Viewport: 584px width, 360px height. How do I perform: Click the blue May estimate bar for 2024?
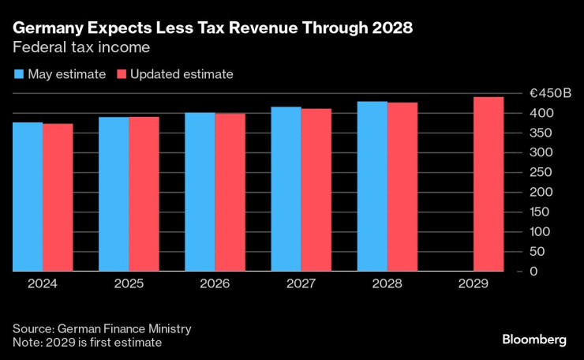click(28, 197)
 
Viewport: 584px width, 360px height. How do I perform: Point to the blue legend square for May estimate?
click(19, 75)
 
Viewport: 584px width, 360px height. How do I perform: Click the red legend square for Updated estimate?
click(122, 75)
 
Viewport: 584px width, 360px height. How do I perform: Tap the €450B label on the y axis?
click(550, 93)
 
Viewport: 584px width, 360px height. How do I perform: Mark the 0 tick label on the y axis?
click(533, 271)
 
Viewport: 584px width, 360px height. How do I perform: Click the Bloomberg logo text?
click(534, 339)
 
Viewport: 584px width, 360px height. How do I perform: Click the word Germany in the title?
click(50, 28)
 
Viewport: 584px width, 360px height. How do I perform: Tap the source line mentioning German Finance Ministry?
click(102, 328)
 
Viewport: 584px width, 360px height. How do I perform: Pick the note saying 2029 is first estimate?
click(88, 342)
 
